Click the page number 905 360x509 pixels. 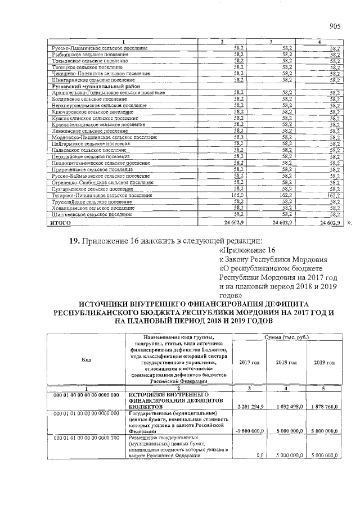coord(335,25)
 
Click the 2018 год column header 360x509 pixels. coord(287,363)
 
